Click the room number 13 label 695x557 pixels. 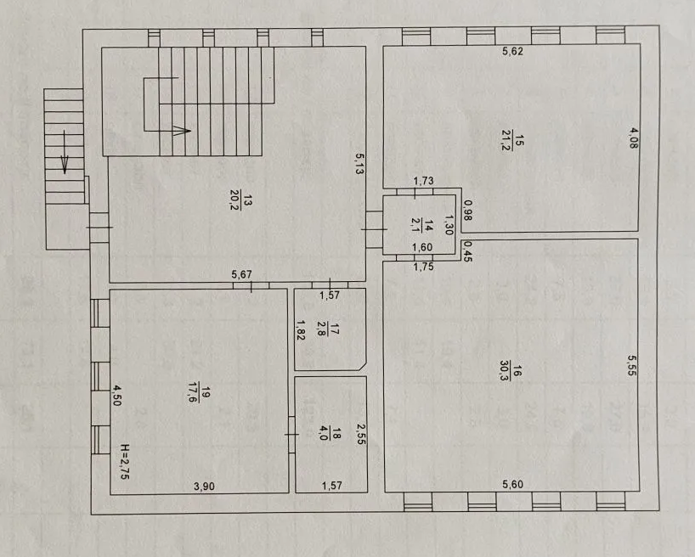pos(248,200)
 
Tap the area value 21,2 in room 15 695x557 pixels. pos(506,140)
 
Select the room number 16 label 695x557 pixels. pos(517,370)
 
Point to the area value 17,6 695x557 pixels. pos(193,391)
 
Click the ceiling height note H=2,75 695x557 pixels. pos(125,462)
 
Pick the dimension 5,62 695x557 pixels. pos(512,51)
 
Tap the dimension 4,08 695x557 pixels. pos(634,138)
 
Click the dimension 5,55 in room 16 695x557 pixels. pos(631,366)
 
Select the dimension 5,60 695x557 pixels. pos(512,484)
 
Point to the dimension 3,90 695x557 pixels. pos(204,486)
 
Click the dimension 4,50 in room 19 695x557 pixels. pos(116,396)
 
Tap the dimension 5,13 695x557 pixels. pos(359,163)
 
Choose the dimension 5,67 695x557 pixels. pos(241,275)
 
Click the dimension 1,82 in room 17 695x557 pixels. pos(300,330)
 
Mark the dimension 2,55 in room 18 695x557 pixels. pos(361,434)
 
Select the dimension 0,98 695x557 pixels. pos(467,211)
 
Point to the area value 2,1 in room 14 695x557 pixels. pos(415,224)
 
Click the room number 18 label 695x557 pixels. pos(336,433)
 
